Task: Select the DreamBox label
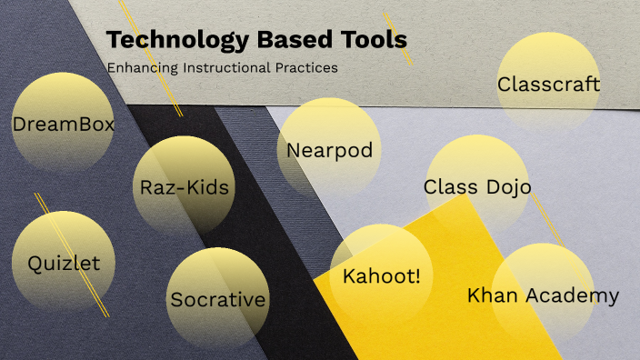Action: pos(64,124)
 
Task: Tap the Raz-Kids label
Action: pos(185,188)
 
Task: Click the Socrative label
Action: pos(218,299)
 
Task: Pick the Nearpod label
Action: pos(330,150)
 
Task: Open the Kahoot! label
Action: pos(382,275)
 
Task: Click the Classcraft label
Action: pos(549,85)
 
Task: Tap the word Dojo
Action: pos(508,187)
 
